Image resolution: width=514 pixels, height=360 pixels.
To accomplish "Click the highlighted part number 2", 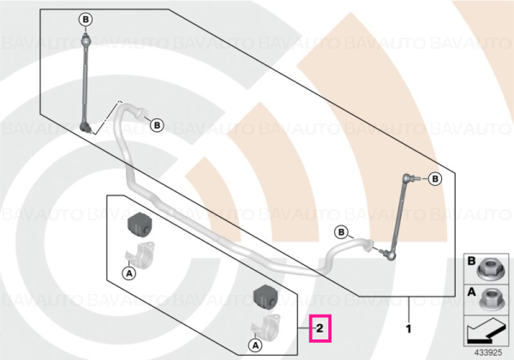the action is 320,328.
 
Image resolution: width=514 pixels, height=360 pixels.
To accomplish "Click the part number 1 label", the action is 409,328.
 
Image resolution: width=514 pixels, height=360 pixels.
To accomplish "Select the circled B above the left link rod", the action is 86,20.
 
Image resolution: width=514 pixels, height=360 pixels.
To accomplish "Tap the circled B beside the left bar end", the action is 157,125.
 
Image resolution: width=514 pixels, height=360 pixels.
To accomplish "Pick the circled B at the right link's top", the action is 435,179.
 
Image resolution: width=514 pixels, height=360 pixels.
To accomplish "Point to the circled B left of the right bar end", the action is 341,232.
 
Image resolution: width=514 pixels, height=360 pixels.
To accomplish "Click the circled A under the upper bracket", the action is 129,273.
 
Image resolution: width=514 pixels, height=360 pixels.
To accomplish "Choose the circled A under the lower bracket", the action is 255,345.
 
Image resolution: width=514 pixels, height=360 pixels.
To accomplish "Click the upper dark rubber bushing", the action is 138,224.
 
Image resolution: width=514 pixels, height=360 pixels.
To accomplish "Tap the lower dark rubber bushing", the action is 266,297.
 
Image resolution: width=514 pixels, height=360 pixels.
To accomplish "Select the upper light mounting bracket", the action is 140,255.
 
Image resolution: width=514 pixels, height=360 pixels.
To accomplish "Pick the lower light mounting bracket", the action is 266,327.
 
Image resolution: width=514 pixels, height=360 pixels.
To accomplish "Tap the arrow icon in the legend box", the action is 486,332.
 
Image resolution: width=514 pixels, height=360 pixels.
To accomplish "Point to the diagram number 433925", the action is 488,353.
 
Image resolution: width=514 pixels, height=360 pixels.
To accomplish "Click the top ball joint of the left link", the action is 85,40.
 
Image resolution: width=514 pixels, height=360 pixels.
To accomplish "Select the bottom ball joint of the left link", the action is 86,127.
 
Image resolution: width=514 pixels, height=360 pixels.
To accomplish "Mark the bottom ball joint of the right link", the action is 389,255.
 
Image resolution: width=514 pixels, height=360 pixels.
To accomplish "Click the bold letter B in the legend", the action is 471,261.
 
